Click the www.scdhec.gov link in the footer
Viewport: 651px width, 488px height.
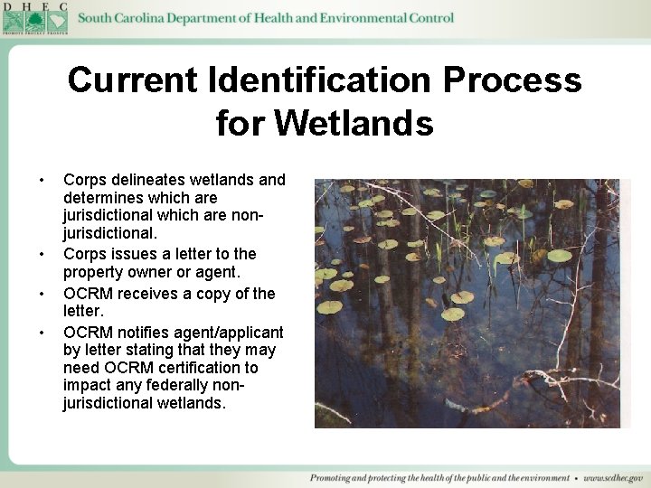click(613, 478)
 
